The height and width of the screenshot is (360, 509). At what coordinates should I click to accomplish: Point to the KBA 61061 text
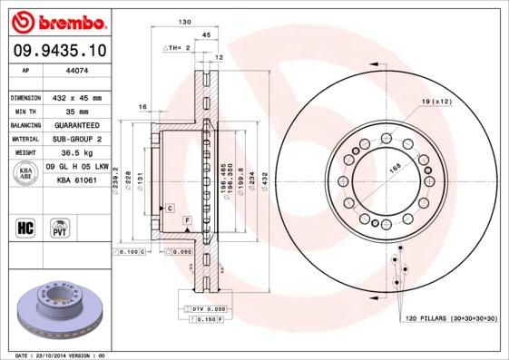tap(77, 181)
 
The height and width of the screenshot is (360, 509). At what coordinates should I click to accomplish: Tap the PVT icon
tap(60, 226)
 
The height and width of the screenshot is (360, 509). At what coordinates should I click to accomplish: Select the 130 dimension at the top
tap(184, 21)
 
